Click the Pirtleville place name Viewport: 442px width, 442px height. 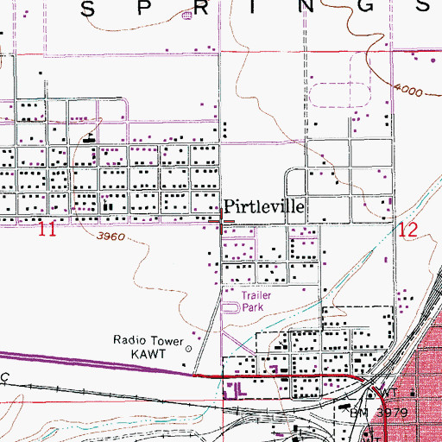[263, 207]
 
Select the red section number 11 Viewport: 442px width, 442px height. [48, 230]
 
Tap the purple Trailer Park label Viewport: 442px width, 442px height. [251, 300]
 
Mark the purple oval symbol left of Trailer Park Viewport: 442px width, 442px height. [230, 306]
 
